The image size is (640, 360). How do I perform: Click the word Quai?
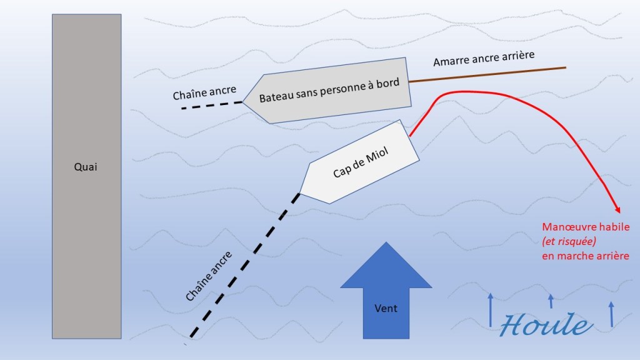point(86,167)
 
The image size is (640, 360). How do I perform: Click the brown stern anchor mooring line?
point(487,74)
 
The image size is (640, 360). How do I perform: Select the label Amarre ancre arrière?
point(484,59)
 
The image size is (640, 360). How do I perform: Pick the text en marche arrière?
point(585,256)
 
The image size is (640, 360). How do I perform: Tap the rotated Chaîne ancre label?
point(209,276)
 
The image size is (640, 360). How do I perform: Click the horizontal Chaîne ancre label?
point(204,91)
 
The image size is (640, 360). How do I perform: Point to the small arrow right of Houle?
point(611,314)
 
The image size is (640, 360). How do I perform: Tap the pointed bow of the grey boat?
point(244,101)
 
